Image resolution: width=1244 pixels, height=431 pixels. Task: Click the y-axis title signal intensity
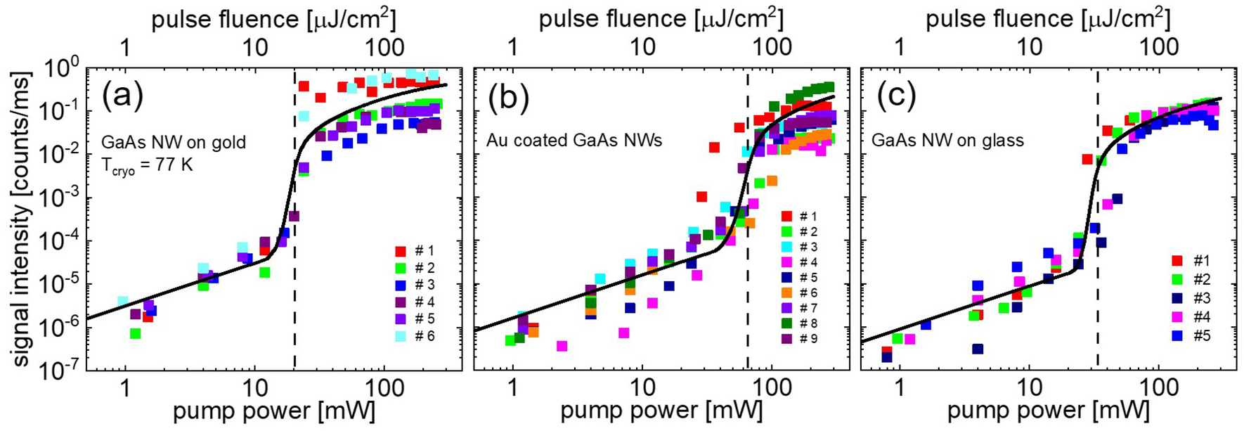click(x=22, y=219)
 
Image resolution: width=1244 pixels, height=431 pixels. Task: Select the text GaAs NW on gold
click(x=174, y=143)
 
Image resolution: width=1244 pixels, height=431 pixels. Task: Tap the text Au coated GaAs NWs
click(x=574, y=141)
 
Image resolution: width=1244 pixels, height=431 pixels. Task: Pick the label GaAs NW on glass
click(x=947, y=141)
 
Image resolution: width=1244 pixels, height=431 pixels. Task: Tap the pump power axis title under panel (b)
click(x=660, y=411)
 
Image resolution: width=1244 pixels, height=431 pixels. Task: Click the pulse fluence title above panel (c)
click(x=1047, y=19)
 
